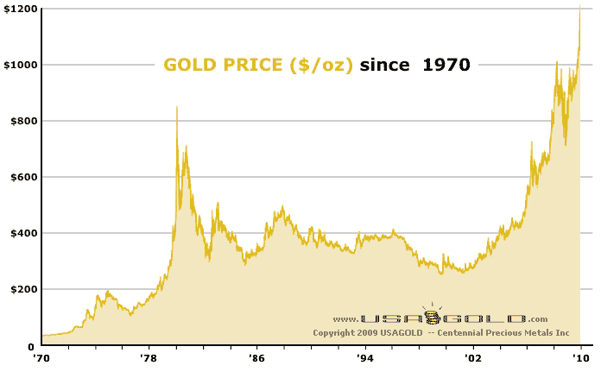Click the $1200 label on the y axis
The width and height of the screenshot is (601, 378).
(x=20, y=9)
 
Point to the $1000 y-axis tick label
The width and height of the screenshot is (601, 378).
(x=20, y=65)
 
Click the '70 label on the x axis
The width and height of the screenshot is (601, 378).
(x=40, y=355)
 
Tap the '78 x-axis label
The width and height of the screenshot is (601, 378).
(x=149, y=355)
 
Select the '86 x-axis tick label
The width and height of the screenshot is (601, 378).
(x=256, y=355)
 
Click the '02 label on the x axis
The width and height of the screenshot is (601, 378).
(x=472, y=355)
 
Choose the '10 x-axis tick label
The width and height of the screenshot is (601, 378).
(x=581, y=355)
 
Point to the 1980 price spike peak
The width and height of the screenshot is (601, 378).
(x=177, y=107)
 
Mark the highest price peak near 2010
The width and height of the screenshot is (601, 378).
(x=579, y=7)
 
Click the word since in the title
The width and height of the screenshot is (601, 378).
(x=386, y=65)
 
